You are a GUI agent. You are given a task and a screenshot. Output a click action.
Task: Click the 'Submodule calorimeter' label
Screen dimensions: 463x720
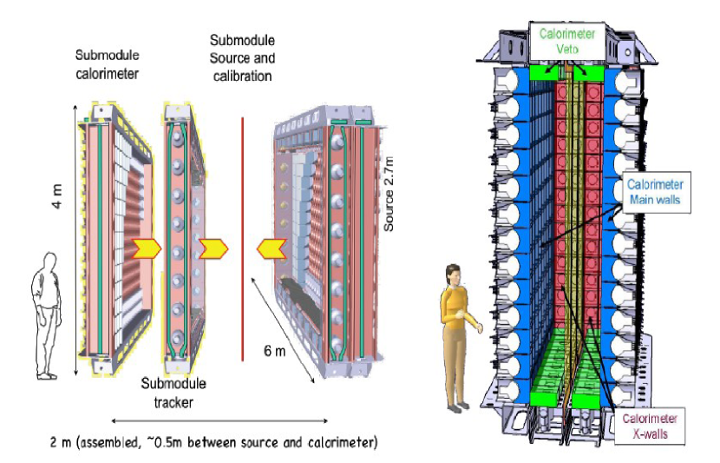click(x=109, y=63)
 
